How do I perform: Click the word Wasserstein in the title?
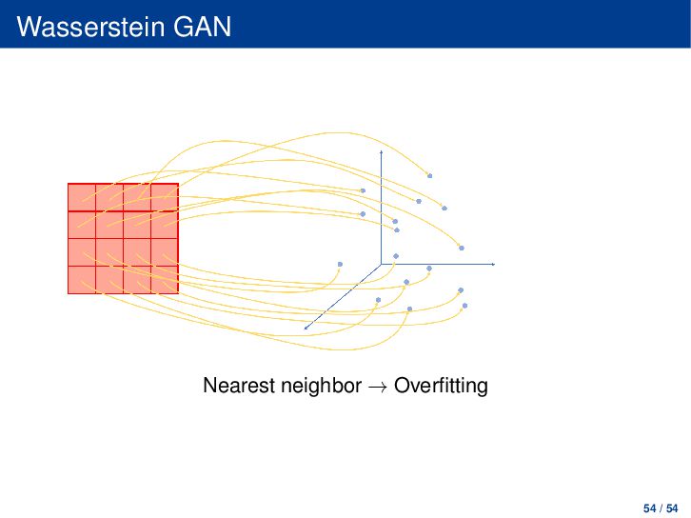[x=90, y=27]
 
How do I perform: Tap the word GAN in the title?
[x=202, y=27]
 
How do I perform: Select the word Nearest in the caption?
[x=238, y=386]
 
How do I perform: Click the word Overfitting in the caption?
[x=441, y=386]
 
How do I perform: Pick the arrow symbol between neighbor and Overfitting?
[x=378, y=387]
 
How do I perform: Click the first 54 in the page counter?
[x=649, y=508]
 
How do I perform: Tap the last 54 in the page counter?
[x=672, y=508]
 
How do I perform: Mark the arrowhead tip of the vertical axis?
[x=382, y=150]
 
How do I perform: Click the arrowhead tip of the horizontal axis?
[x=495, y=264]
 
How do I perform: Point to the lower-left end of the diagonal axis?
[x=305, y=329]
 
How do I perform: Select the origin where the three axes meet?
[x=382, y=264]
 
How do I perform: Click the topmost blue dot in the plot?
[x=429, y=176]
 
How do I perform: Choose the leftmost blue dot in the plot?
[x=340, y=264]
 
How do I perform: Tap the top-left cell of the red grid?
[x=82, y=197]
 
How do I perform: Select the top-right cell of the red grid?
[x=165, y=197]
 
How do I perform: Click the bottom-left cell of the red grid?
[x=82, y=280]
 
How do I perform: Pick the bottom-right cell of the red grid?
[x=165, y=280]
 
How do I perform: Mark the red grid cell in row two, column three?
[x=137, y=225]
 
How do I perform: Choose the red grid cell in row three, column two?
[x=109, y=252]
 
